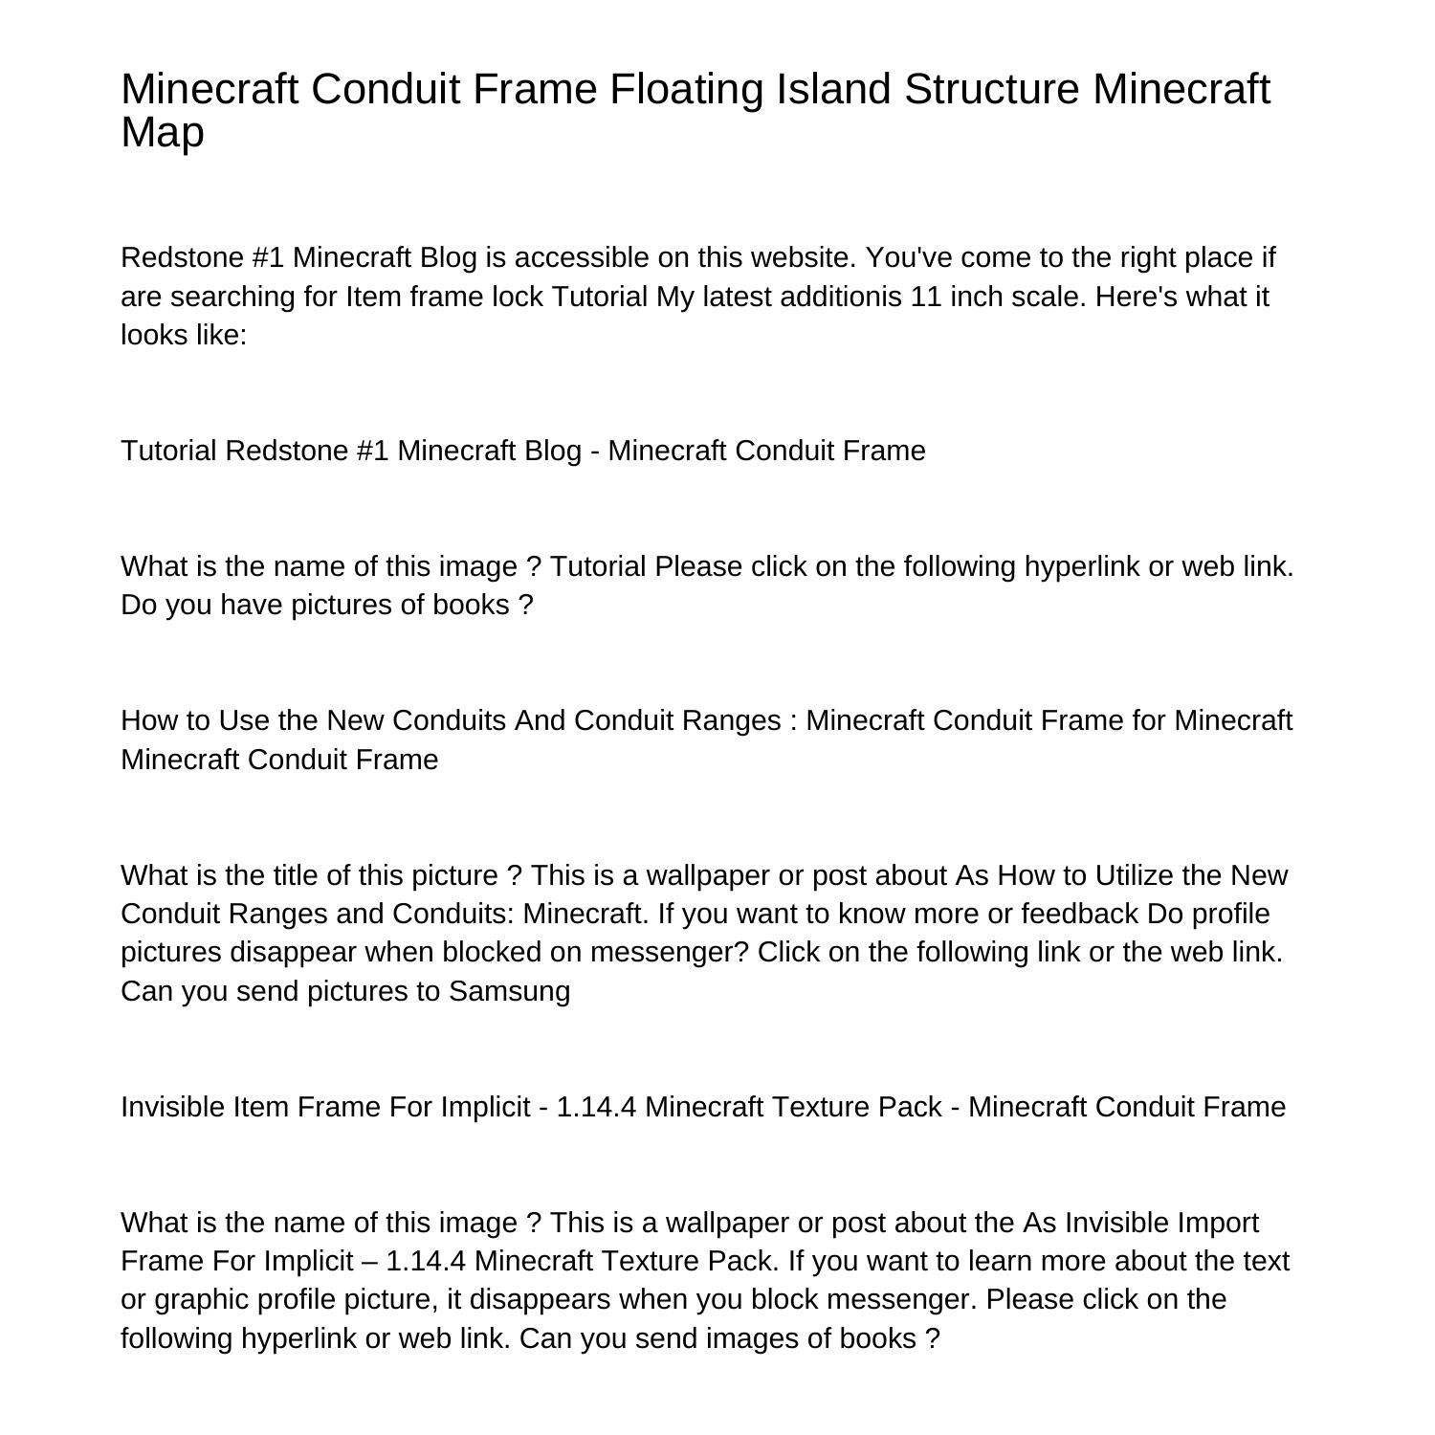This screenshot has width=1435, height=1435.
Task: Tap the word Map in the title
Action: [162, 132]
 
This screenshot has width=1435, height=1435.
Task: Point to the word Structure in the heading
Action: [991, 89]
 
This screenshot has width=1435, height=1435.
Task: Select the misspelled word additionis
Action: [841, 297]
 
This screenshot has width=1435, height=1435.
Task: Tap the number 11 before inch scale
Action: [926, 297]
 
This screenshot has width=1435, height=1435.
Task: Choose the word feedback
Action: [1080, 914]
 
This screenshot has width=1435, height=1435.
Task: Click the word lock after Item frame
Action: [517, 297]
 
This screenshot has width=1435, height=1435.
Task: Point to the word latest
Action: [737, 297]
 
